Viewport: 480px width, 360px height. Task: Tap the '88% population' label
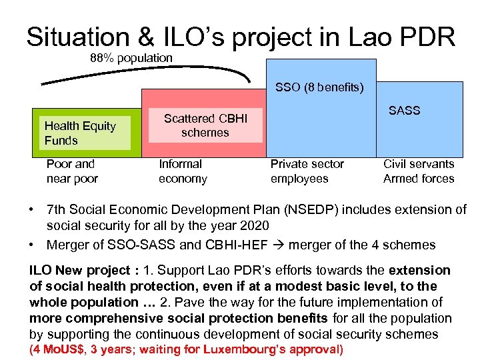click(131, 58)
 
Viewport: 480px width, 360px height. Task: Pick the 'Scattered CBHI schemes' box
click(205, 125)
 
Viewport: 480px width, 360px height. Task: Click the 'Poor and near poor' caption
click(72, 171)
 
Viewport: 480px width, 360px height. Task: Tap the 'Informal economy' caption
click(183, 171)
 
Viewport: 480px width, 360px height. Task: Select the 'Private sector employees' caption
click(307, 171)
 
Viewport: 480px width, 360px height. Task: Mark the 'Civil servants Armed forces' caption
click(419, 171)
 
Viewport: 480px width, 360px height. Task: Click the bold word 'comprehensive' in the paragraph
click(97, 319)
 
